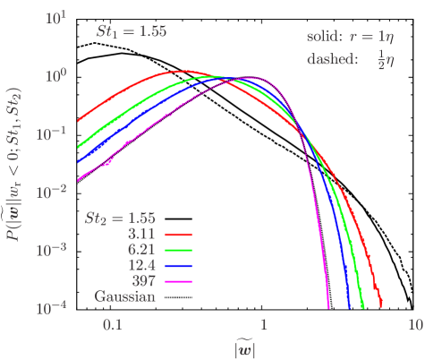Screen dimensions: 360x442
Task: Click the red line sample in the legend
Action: point(177,234)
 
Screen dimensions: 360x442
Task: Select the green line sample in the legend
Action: point(177,250)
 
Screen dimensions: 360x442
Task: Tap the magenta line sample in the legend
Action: point(177,282)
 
